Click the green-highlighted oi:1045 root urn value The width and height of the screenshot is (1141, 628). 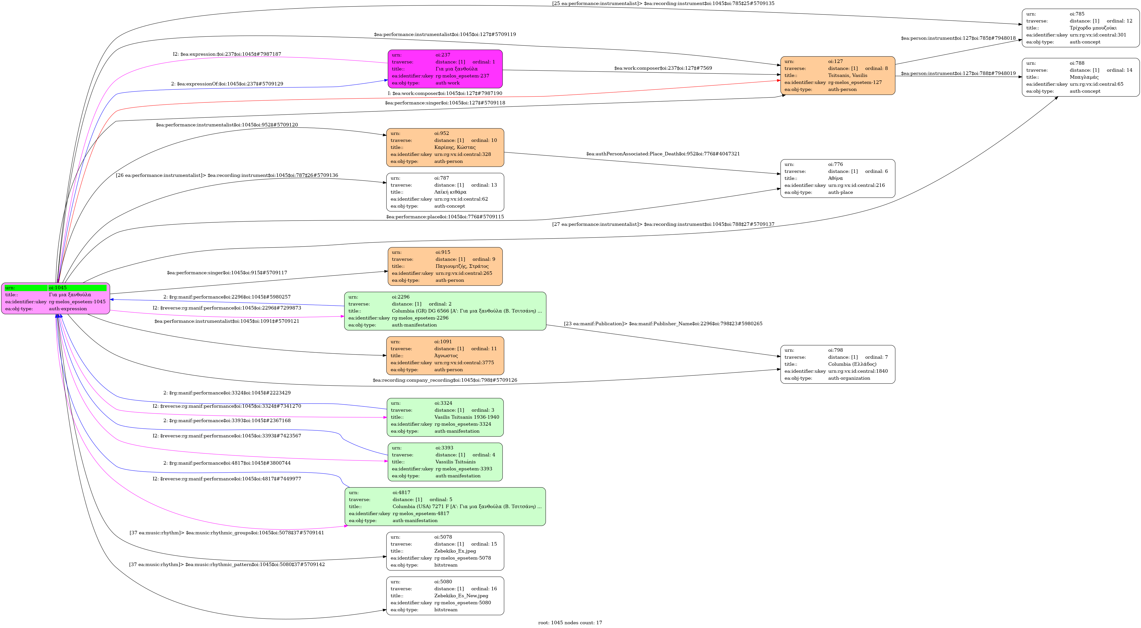77,288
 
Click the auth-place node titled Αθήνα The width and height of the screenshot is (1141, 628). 837,178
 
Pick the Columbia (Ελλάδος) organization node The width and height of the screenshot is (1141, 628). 837,364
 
